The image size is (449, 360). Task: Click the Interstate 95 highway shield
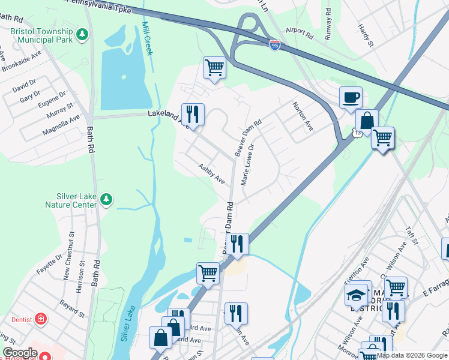[274, 46]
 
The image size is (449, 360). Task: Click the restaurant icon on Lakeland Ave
[193, 114]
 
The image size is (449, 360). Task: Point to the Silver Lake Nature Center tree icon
[106, 199]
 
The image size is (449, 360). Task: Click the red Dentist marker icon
[41, 318]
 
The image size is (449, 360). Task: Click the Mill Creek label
[147, 38]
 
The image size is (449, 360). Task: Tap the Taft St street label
[411, 235]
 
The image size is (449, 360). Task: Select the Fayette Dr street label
[49, 263]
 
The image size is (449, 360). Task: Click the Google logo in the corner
[20, 353]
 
